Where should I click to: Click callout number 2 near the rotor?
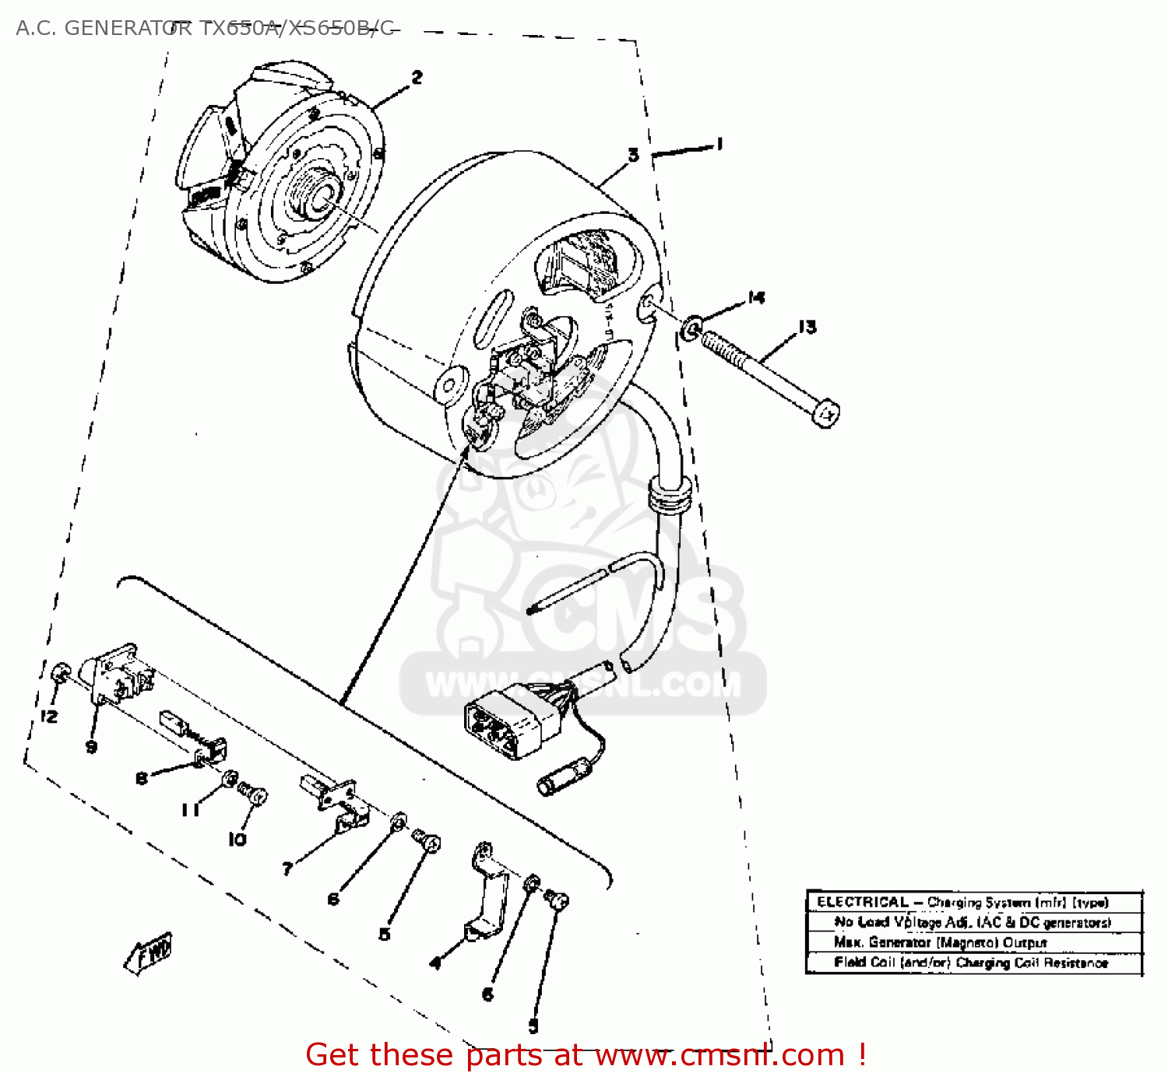(x=417, y=77)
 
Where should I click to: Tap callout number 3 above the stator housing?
(x=633, y=155)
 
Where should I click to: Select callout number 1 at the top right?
(x=719, y=143)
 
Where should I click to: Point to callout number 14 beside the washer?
(x=756, y=297)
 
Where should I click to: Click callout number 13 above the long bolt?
(x=807, y=327)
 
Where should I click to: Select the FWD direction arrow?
(x=150, y=952)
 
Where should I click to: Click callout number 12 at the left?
(x=49, y=716)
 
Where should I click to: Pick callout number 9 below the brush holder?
(x=92, y=747)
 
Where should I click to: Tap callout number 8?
(x=142, y=778)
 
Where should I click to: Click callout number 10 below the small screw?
(x=237, y=839)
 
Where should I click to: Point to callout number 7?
(x=287, y=868)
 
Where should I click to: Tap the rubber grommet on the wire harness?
(x=670, y=496)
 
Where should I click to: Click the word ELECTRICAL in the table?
(x=863, y=902)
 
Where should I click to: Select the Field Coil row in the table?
(x=971, y=963)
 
